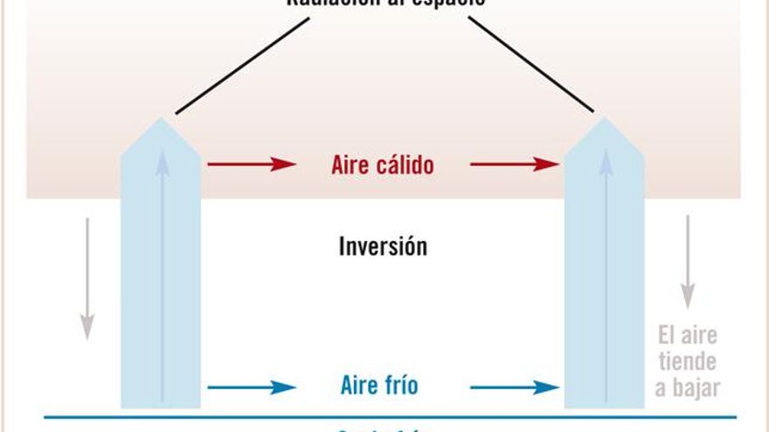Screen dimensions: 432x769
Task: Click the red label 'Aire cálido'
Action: click(382, 165)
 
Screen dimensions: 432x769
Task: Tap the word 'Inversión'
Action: click(383, 246)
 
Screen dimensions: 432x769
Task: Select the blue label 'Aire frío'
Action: click(379, 386)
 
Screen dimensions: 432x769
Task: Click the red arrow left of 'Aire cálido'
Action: click(251, 164)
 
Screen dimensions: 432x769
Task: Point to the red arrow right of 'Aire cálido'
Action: click(514, 164)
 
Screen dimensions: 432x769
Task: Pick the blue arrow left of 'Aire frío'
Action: click(251, 387)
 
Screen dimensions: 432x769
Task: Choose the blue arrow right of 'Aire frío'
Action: click(514, 387)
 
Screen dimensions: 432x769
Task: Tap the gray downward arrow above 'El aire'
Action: click(688, 261)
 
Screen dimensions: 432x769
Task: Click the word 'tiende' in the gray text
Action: click(687, 361)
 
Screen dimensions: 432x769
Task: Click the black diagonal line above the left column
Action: click(242, 65)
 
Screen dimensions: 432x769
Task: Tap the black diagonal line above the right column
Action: click(530, 65)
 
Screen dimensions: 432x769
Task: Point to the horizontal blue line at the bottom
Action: click(384, 417)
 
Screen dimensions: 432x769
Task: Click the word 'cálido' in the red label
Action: click(405, 165)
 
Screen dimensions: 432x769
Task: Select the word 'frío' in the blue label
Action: click(401, 386)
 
